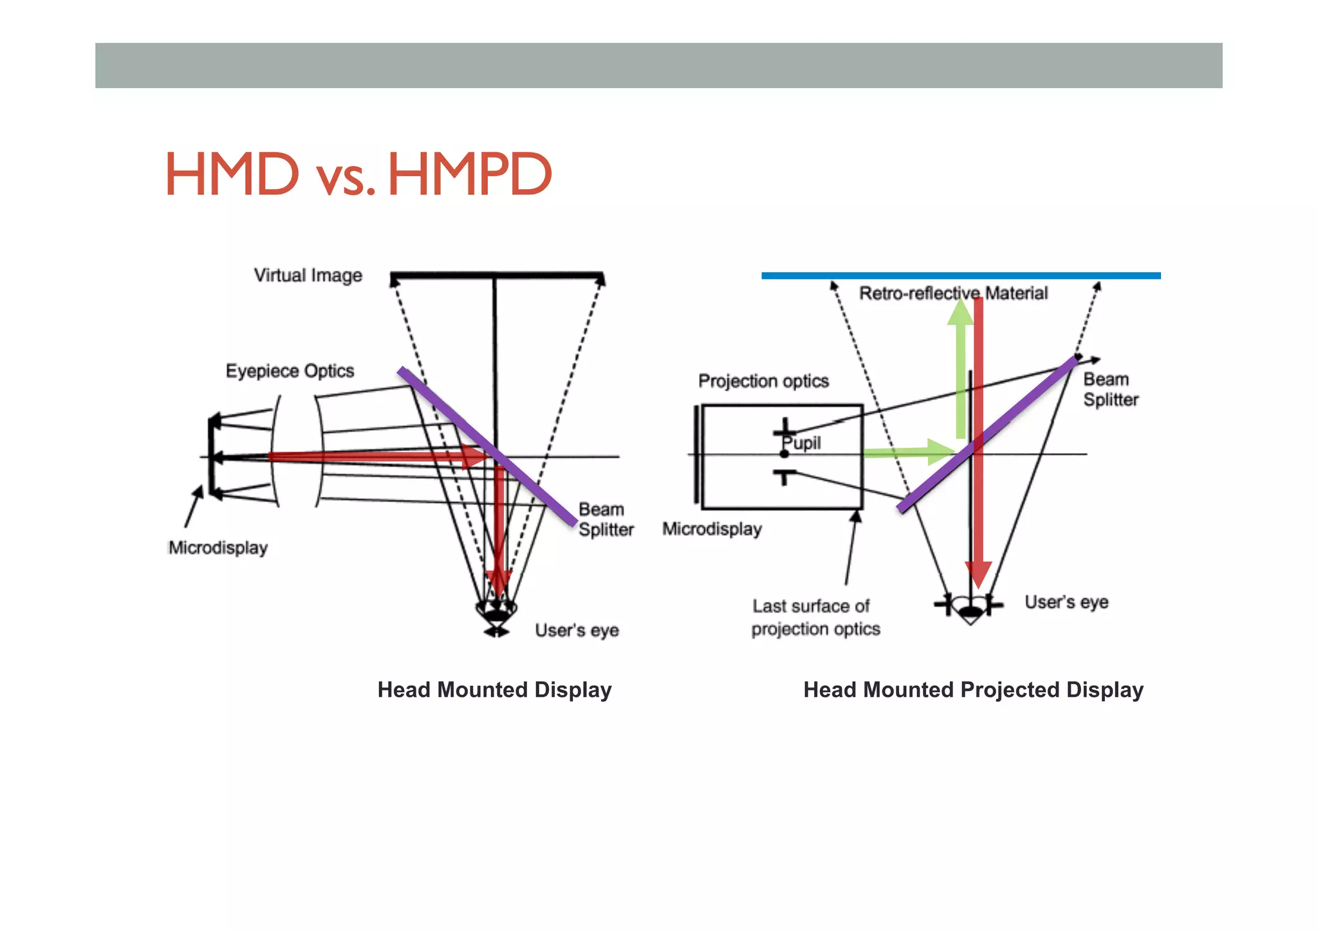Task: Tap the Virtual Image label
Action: [x=308, y=275]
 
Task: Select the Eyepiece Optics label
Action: [x=290, y=371]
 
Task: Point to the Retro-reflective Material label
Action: [x=953, y=293]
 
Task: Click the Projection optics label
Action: [x=763, y=381]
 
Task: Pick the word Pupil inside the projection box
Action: [x=802, y=443]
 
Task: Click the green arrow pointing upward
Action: [x=960, y=373]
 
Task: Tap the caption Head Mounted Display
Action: [x=494, y=690]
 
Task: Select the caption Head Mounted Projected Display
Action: [x=973, y=690]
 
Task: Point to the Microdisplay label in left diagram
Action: [x=218, y=548]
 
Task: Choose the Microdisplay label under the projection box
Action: [x=712, y=529]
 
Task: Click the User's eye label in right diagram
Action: [x=1066, y=602]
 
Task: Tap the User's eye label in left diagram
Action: [x=577, y=630]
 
